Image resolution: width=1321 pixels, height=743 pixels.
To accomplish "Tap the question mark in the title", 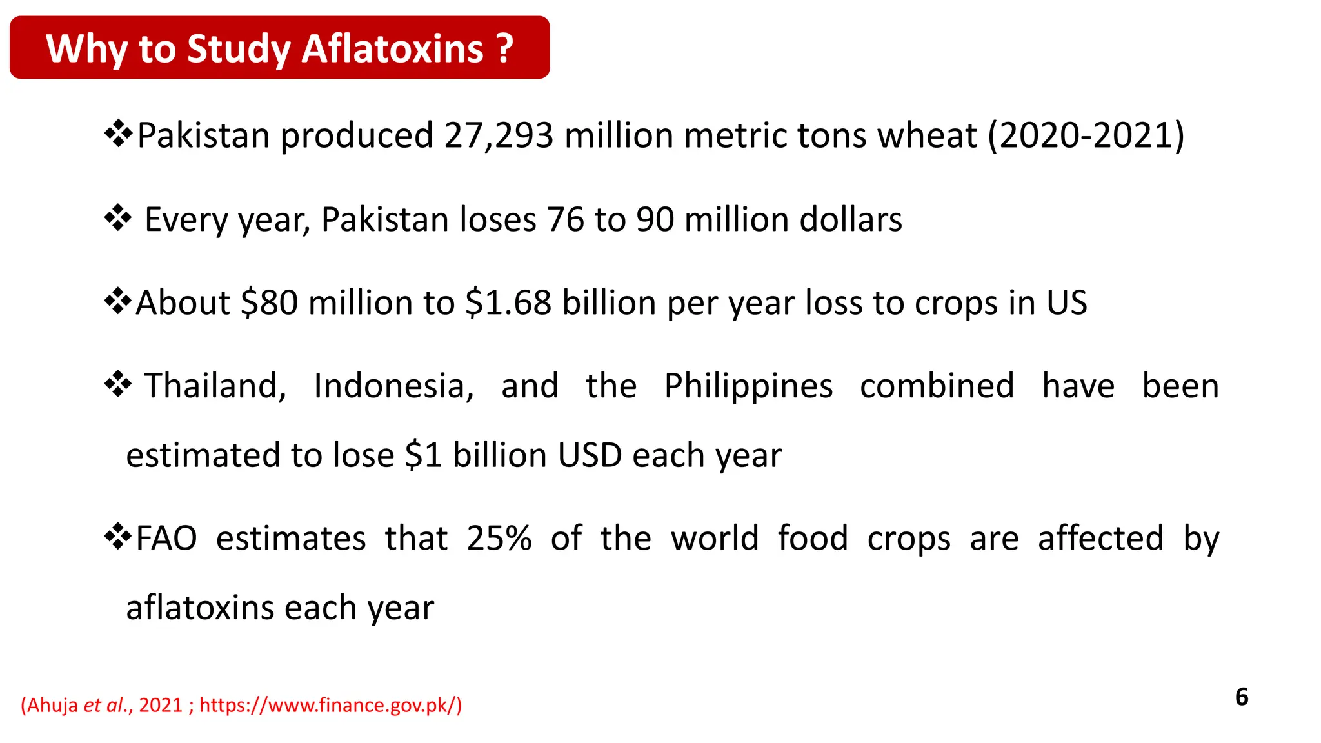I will point(505,49).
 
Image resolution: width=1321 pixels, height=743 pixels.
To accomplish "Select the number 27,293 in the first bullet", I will point(498,135).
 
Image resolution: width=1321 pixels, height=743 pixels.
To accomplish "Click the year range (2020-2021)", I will point(1086,135).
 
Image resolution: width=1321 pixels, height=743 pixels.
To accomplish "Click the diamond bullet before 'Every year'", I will point(118,218).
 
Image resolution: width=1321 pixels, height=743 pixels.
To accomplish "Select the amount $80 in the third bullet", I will point(269,302).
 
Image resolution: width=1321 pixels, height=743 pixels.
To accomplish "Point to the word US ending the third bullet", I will point(1066,302).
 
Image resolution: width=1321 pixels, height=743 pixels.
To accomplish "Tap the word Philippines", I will point(748,387).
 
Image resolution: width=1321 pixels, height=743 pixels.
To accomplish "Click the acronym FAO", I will point(166,538).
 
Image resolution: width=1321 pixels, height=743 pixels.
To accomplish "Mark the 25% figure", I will point(499,538).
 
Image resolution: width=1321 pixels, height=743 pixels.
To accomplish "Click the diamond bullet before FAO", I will point(118,537).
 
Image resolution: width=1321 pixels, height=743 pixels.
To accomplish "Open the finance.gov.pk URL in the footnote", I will point(330,705).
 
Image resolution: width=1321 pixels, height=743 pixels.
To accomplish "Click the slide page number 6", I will point(1241,697).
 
